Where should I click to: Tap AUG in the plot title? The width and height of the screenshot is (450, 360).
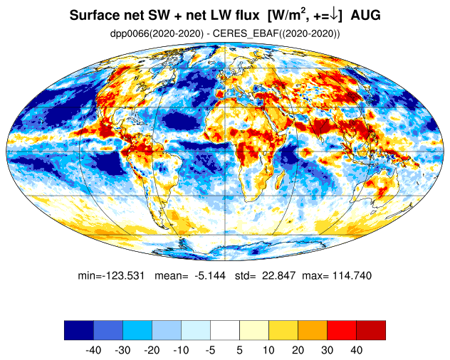click(366, 16)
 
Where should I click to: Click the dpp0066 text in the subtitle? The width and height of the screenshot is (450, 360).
click(130, 33)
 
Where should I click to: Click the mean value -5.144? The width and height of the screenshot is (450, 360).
click(210, 275)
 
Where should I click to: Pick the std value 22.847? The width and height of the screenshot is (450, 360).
click(278, 275)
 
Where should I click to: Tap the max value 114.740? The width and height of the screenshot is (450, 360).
click(352, 275)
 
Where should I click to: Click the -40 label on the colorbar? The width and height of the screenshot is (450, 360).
click(93, 350)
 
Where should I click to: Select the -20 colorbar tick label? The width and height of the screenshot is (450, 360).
click(152, 350)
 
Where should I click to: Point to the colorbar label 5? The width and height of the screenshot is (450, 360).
click(240, 350)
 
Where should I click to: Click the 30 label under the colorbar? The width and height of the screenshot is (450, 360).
click(327, 350)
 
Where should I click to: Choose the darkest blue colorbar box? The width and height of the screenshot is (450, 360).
click(79, 330)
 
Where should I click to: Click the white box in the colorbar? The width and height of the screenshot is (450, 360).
click(225, 330)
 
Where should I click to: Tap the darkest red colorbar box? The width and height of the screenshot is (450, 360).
click(371, 330)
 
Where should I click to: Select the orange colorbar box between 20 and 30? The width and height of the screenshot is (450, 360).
click(313, 330)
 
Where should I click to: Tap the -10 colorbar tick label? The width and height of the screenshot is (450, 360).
click(181, 350)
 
